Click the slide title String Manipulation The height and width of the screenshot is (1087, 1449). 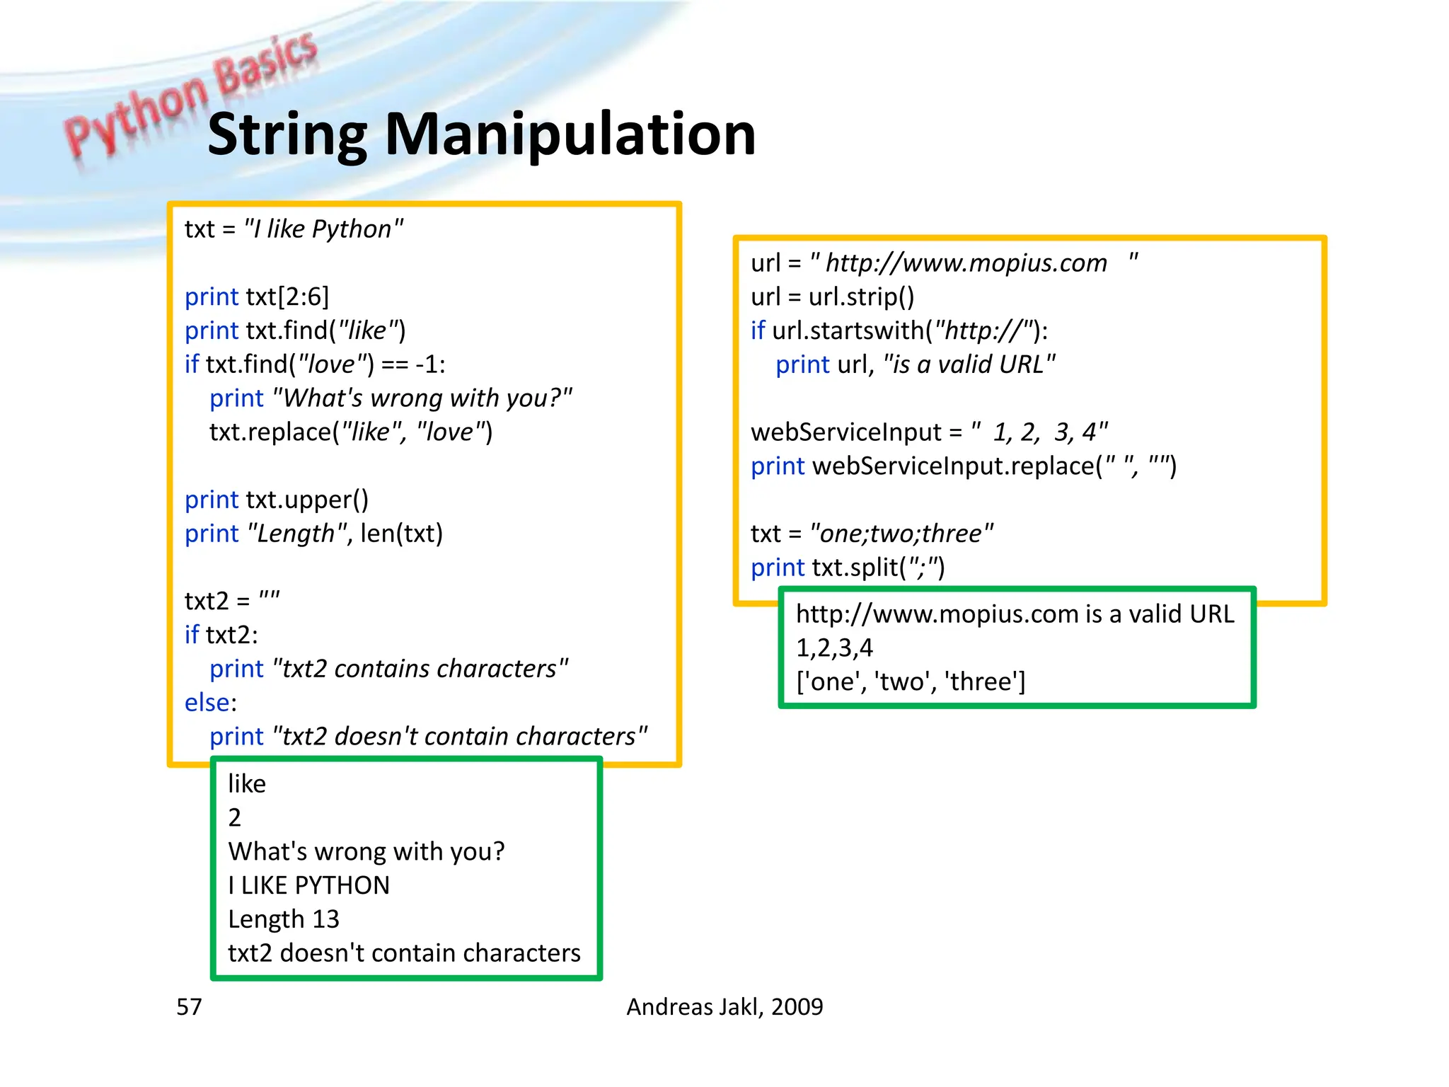pyautogui.click(x=481, y=134)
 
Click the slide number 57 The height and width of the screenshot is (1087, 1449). pyautogui.click(x=189, y=1006)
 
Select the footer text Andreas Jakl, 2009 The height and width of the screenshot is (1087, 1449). pyautogui.click(x=724, y=1006)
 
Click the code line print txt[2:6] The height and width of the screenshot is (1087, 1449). pyautogui.click(x=257, y=297)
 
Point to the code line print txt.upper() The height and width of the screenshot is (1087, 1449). pyautogui.click(x=276, y=500)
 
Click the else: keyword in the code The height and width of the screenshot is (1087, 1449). pyautogui.click(x=210, y=703)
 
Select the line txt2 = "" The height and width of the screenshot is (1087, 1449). pyautogui.click(x=232, y=601)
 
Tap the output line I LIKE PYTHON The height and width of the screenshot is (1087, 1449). pyautogui.click(x=308, y=885)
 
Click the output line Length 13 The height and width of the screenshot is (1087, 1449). pyautogui.click(x=283, y=919)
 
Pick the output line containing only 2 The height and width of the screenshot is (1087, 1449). pyautogui.click(x=235, y=818)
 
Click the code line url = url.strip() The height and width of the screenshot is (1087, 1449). pyautogui.click(x=832, y=297)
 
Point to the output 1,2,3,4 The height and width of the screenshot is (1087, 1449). pyautogui.click(x=834, y=648)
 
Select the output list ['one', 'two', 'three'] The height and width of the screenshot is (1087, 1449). pyautogui.click(x=911, y=681)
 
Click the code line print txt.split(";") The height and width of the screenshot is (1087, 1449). pyautogui.click(x=848, y=568)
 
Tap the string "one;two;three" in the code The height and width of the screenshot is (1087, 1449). pyautogui.click(x=901, y=534)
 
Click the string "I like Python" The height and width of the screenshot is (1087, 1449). pyautogui.click(x=323, y=229)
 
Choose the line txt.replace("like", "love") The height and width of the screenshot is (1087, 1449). pyautogui.click(x=351, y=432)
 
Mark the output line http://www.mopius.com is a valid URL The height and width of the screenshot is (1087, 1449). pyautogui.click(x=1015, y=614)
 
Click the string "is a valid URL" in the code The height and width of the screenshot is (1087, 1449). pyautogui.click(x=969, y=364)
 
